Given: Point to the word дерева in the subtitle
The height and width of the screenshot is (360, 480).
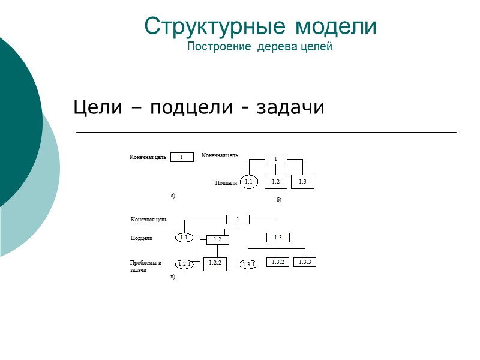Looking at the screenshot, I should click(x=274, y=47).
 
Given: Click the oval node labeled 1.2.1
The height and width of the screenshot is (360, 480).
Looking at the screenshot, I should click(x=185, y=264).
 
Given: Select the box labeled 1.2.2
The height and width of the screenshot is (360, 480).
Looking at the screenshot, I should click(x=215, y=263).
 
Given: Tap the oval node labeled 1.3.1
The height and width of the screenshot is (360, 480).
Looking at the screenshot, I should click(x=248, y=264).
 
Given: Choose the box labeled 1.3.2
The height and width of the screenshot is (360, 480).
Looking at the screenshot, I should click(x=277, y=262).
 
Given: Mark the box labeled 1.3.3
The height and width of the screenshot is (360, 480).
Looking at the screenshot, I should click(x=305, y=262).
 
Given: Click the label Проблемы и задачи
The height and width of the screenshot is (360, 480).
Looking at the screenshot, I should click(x=145, y=266).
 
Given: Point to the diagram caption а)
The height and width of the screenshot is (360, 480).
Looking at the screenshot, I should click(x=173, y=196).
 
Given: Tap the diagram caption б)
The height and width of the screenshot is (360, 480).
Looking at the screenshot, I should click(x=279, y=199).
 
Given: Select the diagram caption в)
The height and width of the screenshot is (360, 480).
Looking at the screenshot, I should click(x=173, y=277).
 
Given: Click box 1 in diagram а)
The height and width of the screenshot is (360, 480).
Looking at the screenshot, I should click(x=182, y=157).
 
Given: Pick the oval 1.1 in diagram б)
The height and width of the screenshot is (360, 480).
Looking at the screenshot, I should click(x=249, y=182).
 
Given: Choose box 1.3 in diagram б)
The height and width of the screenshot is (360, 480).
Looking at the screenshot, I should click(x=303, y=181).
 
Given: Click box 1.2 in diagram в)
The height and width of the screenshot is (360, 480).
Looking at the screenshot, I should click(x=218, y=239).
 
